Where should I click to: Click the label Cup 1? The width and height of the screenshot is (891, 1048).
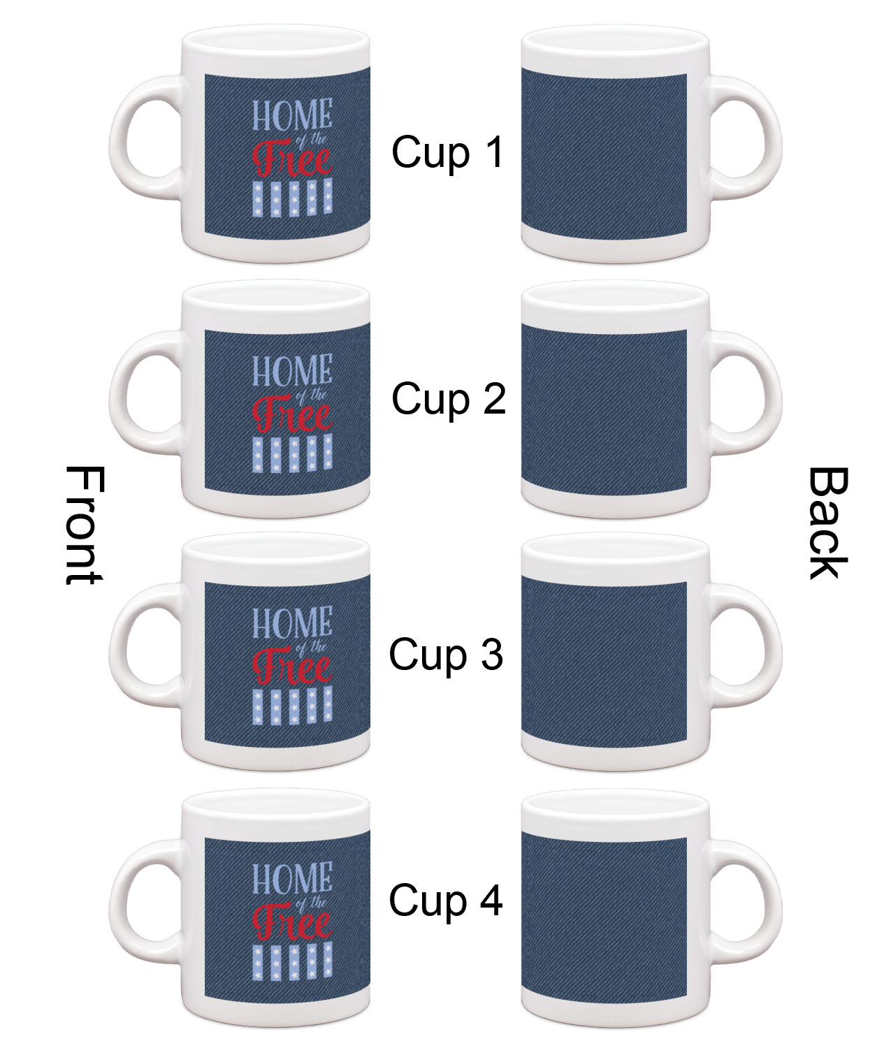click(447, 152)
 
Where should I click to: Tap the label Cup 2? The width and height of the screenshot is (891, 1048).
click(448, 400)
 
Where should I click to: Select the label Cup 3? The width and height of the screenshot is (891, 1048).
click(446, 655)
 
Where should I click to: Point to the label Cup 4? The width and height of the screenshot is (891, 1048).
click(446, 900)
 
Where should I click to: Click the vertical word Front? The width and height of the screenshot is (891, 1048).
click(83, 526)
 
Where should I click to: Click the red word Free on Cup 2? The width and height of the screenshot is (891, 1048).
click(292, 416)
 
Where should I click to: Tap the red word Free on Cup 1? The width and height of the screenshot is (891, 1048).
click(292, 161)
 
